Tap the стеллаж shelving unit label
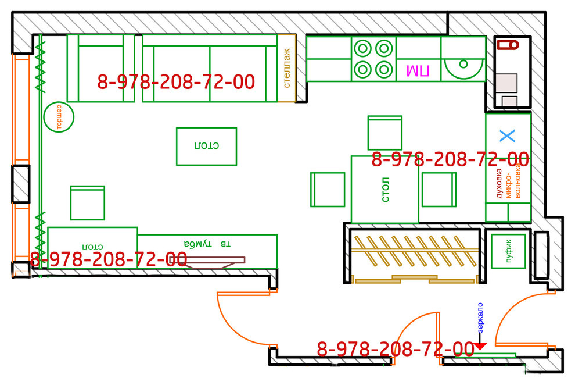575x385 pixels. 287,68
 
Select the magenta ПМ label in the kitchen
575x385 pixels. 418,70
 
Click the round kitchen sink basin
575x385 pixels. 463,69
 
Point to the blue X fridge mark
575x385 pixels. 508,136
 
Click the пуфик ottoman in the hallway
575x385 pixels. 508,251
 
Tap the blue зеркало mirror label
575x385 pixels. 480,318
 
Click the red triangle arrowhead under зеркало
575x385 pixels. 480,346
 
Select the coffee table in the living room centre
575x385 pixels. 206,147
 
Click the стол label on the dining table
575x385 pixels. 385,190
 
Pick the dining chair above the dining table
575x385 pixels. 385,133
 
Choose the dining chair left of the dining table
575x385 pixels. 328,190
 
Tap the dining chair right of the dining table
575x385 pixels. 439,190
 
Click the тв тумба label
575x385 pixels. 207,243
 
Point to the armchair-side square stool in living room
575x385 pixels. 88,203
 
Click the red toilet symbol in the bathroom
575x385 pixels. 508,45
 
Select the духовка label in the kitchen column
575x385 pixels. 499,184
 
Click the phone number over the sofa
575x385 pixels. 176,82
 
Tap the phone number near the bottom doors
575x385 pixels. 396,349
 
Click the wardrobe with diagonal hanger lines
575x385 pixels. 414,256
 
